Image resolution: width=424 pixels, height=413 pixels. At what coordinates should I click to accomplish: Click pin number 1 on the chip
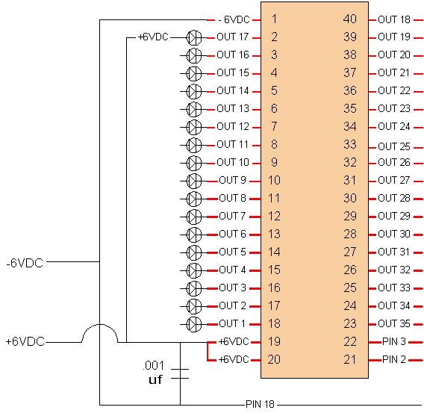pyautogui.click(x=274, y=19)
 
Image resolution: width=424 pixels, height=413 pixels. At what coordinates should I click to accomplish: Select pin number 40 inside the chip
pyautogui.click(x=350, y=19)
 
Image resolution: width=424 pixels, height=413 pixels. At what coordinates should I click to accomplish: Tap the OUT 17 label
pyautogui.click(x=233, y=37)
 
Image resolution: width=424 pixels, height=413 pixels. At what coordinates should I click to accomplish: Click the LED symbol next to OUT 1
pyautogui.click(x=194, y=324)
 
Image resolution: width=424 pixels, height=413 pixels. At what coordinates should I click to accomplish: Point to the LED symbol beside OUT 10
pyautogui.click(x=194, y=163)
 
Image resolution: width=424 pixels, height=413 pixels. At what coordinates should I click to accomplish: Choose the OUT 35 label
pyautogui.click(x=394, y=323)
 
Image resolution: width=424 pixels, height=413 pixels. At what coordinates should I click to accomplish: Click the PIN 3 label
pyautogui.click(x=394, y=341)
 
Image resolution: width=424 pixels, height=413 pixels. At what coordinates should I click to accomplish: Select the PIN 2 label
pyautogui.click(x=394, y=359)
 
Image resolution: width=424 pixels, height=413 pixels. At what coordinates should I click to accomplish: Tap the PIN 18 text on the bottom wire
pyautogui.click(x=260, y=405)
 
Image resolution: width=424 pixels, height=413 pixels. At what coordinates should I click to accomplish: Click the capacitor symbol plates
pyautogui.click(x=180, y=373)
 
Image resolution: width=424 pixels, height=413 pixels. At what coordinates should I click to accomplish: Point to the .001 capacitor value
pyautogui.click(x=153, y=366)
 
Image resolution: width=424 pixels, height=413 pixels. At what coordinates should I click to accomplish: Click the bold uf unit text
pyautogui.click(x=155, y=379)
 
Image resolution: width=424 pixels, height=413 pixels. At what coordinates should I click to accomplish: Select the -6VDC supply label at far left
pyautogui.click(x=25, y=263)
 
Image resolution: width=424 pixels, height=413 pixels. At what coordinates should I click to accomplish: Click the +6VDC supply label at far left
pyautogui.click(x=25, y=341)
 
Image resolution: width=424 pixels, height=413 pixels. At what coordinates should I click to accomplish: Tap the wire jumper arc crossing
pyautogui.click(x=100, y=325)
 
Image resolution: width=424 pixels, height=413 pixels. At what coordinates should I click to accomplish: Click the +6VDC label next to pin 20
pyautogui.click(x=234, y=359)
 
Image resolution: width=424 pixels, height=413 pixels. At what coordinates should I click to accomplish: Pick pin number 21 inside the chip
pyautogui.click(x=350, y=359)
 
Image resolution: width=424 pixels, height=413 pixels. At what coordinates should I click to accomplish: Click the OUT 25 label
pyautogui.click(x=394, y=146)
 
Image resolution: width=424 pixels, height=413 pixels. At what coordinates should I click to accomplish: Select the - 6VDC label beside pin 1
pyautogui.click(x=234, y=19)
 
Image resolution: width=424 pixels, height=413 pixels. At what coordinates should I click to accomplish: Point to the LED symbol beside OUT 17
pyautogui.click(x=194, y=37)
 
